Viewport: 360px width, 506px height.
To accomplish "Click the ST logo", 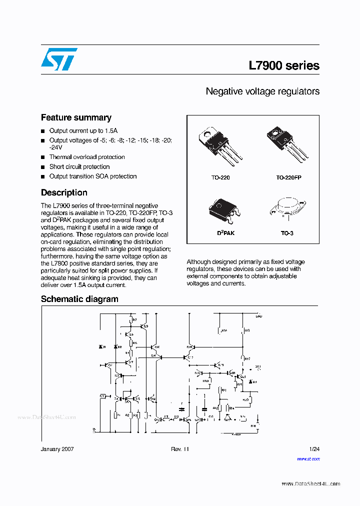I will (x=59, y=59).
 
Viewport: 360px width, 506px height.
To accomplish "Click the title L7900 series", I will (x=283, y=65).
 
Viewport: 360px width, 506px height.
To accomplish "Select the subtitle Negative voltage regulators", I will (x=262, y=91).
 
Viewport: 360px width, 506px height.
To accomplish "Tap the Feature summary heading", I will (x=76, y=117).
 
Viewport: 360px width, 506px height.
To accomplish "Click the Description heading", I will (x=64, y=192).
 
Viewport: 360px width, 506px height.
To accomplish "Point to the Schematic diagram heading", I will (x=79, y=299).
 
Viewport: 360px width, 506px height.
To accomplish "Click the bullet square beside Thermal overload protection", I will (x=43, y=157).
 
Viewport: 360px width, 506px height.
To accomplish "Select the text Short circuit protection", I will (x=79, y=166).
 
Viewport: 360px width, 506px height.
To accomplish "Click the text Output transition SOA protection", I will (x=93, y=176).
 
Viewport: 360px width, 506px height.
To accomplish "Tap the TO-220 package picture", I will (x=220, y=145).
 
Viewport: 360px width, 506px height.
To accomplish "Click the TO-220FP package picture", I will (x=287, y=145).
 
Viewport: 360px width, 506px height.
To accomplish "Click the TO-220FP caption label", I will (x=288, y=177).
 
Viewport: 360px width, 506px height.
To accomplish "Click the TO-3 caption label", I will (x=287, y=233).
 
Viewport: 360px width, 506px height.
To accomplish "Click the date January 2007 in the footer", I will (x=57, y=449).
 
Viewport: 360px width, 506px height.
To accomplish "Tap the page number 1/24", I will (x=314, y=449).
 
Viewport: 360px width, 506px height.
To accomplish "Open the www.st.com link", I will (x=308, y=458).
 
